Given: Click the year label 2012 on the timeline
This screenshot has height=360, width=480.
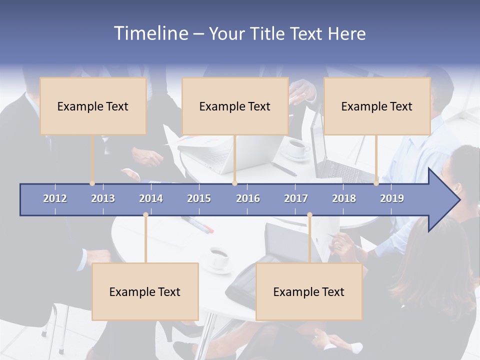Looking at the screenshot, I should (x=55, y=198).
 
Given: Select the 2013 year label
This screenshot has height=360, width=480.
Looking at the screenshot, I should (x=103, y=198).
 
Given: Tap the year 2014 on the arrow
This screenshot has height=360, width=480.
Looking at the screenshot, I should (x=151, y=198).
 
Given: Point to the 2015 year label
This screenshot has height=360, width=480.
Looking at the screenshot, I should (x=199, y=198).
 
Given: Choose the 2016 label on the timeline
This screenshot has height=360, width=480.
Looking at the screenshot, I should (x=248, y=198).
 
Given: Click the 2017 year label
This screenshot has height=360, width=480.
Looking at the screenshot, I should (x=296, y=198).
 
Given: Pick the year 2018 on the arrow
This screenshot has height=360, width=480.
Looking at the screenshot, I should (x=344, y=198).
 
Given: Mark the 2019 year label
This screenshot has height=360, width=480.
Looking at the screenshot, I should (x=392, y=198).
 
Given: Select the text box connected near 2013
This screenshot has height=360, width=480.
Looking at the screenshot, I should (x=93, y=106).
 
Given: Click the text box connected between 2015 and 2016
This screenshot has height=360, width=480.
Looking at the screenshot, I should (x=235, y=106).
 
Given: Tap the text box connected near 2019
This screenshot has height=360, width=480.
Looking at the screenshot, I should (x=377, y=106).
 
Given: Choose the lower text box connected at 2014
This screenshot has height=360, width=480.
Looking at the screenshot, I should (x=145, y=291).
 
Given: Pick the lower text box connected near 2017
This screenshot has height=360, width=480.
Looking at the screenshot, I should (x=309, y=291).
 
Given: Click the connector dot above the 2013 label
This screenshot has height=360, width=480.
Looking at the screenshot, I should (x=92, y=183).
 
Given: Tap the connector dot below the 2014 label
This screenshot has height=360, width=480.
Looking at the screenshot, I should (x=145, y=215).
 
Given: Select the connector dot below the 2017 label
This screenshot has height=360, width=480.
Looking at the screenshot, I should (x=309, y=215).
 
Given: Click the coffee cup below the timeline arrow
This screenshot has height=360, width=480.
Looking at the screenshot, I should (x=218, y=256).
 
